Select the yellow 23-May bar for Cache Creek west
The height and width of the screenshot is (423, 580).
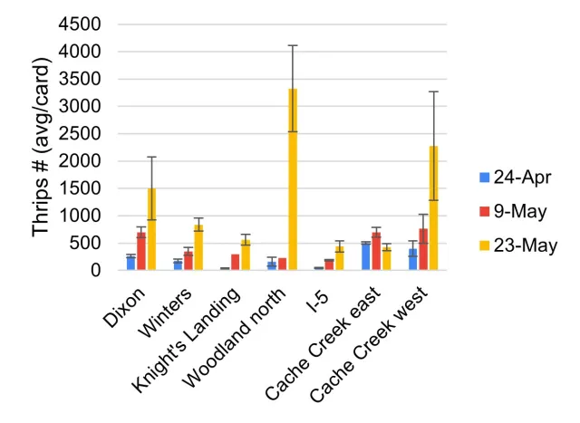click(433, 207)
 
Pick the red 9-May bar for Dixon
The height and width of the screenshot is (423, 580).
click(140, 251)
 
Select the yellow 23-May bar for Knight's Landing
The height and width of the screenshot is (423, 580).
click(246, 255)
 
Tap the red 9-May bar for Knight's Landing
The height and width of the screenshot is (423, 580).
click(235, 262)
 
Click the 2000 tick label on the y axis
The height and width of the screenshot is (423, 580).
click(80, 161)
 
